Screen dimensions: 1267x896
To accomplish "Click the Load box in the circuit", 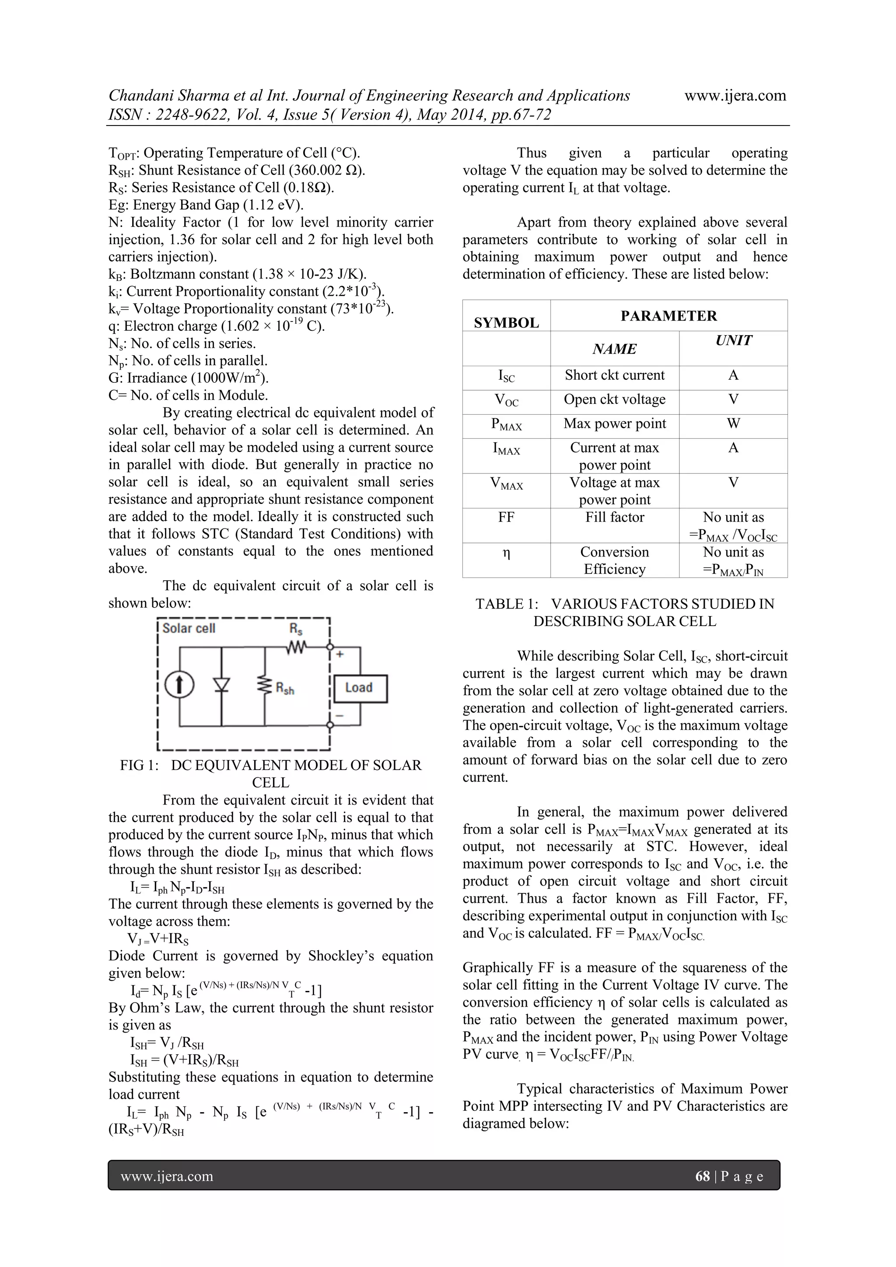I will coord(360,688).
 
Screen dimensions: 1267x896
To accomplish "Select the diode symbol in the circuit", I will coord(222,684).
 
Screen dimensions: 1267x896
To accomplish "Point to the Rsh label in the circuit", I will coord(285,689).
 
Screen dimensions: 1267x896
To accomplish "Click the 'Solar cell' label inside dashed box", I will coord(189,629).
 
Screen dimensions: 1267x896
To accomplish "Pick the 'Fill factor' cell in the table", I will coord(614,518).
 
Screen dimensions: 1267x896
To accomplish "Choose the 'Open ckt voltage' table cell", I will coord(614,399).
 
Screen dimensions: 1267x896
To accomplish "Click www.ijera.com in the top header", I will coord(735,95).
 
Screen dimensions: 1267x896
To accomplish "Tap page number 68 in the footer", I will coord(702,1176).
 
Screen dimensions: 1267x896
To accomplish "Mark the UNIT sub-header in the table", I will coord(733,340).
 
